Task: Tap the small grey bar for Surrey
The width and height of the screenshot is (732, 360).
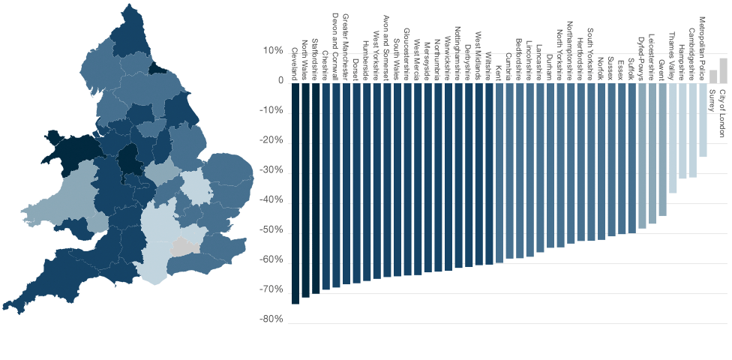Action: click(x=713, y=76)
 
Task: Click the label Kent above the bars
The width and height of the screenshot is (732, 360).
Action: click(x=499, y=73)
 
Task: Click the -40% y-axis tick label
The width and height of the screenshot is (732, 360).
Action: click(x=271, y=201)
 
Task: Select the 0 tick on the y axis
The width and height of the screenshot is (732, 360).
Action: click(x=279, y=81)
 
